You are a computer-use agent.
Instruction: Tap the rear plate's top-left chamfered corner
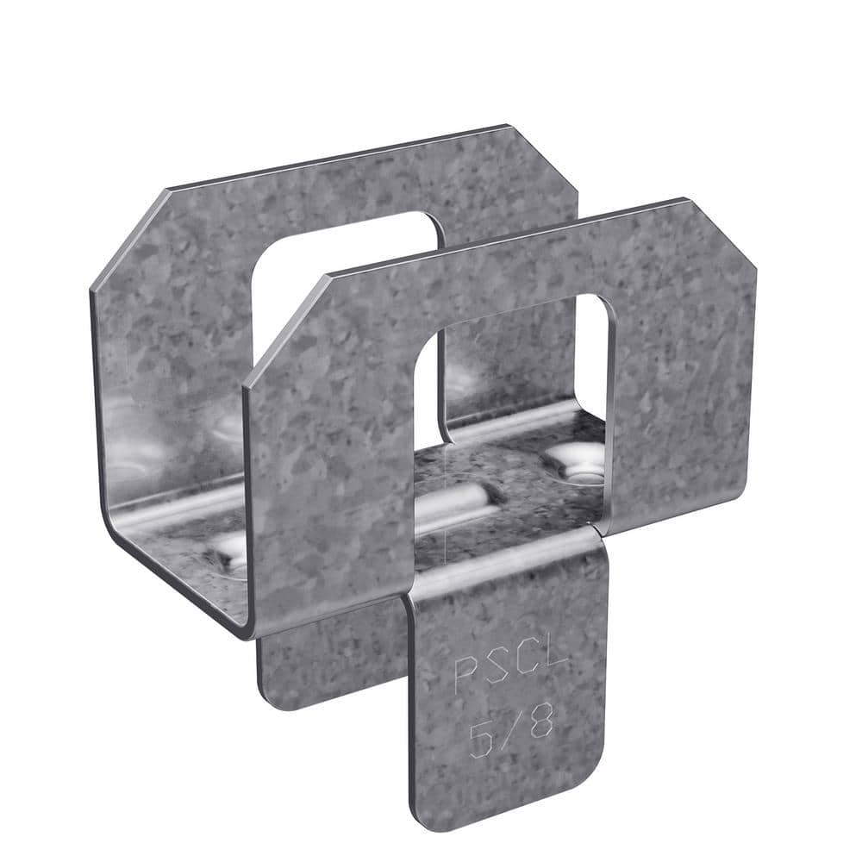pos(129,233)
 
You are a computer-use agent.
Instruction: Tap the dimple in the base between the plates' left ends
pos(226,552)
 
